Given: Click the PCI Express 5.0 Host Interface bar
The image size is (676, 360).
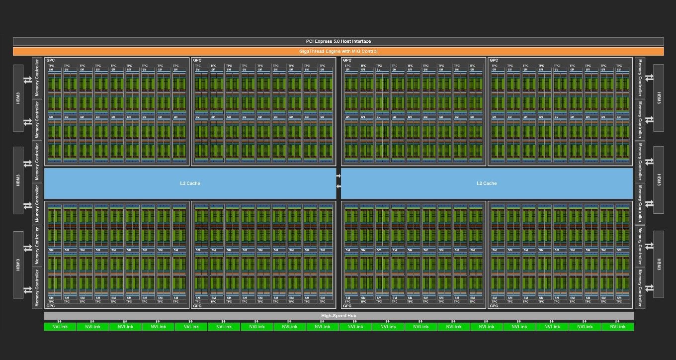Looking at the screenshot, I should [338, 41].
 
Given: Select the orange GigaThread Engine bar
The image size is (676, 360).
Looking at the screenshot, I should [338, 51].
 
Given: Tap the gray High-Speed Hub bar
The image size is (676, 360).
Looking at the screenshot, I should [338, 316].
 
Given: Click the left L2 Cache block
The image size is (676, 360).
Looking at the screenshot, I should [190, 183].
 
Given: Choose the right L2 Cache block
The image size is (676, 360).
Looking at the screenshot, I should [486, 183].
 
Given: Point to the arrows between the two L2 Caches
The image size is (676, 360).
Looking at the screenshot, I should [338, 181].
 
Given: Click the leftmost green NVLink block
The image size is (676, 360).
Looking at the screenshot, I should [60, 327].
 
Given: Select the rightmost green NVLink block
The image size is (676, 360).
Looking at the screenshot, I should [617, 327].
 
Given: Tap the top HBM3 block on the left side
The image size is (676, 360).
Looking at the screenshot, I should [18, 98].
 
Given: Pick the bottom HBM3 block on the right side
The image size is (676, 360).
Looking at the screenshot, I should [659, 264].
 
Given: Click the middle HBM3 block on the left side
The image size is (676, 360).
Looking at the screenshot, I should [18, 180].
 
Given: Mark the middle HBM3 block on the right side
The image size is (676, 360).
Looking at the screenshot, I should [659, 180].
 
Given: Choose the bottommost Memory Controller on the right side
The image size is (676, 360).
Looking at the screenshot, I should [640, 288].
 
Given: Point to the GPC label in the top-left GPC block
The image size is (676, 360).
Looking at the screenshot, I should [51, 60].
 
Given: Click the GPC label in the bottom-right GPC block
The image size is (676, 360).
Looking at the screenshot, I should [494, 306].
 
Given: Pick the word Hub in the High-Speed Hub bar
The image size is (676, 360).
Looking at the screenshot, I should [351, 316].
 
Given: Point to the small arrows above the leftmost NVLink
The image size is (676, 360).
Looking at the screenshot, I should [60, 321].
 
